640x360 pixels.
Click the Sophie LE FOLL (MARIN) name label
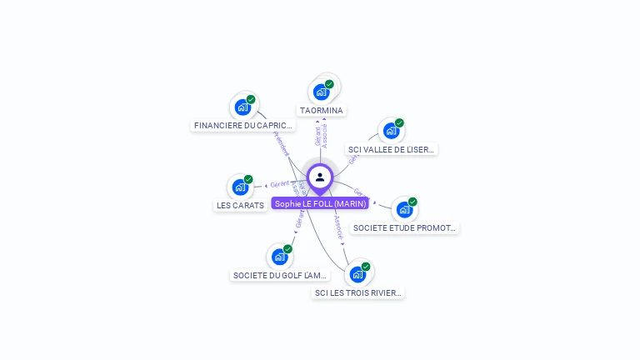point(320,203)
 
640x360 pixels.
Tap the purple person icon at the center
point(320,177)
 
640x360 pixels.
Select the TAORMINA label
point(322,110)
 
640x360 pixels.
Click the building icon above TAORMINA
point(321,91)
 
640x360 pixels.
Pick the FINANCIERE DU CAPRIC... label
point(243,125)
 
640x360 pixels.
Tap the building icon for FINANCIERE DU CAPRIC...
point(242,107)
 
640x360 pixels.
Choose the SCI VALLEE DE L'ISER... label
point(391,150)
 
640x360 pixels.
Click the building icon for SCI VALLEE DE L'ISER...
point(391,131)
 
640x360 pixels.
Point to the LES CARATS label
point(240,205)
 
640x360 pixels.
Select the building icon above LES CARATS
point(240,187)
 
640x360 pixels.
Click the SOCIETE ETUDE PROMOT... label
point(404,227)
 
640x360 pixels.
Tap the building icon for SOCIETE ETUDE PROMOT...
point(404,209)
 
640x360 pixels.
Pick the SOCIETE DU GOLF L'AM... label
point(279,275)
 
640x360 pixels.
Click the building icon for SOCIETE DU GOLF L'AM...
point(279,257)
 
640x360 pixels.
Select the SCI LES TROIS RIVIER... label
point(357,292)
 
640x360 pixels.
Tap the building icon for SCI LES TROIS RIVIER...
point(357,274)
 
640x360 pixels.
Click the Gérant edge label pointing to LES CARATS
point(279,183)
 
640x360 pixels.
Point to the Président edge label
point(281,143)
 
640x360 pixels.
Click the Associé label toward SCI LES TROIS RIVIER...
point(338,228)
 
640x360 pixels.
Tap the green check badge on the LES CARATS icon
point(248,179)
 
